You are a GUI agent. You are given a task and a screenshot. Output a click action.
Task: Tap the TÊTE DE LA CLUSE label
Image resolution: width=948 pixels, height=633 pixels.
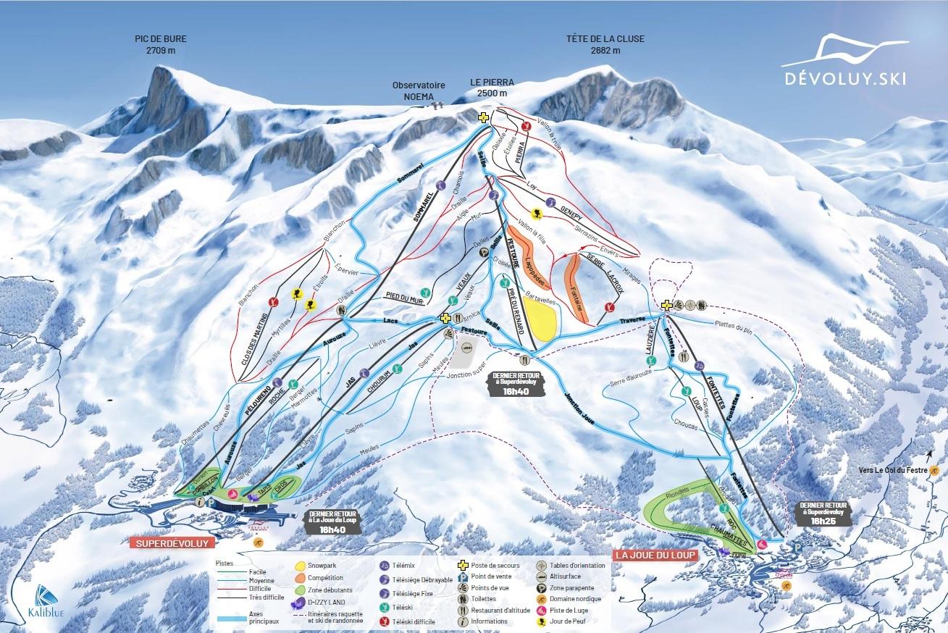pos(605,44)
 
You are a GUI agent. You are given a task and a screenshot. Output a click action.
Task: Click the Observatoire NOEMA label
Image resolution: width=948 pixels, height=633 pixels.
pos(413,91)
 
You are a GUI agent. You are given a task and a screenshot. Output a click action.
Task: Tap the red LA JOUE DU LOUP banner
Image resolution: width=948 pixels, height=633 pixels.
pos(655,555)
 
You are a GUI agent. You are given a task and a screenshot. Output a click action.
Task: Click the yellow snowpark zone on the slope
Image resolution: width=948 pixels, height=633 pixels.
pos(542,318)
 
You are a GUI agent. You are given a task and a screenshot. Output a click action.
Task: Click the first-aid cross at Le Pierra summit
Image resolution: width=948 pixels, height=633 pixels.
pos(483,117)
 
